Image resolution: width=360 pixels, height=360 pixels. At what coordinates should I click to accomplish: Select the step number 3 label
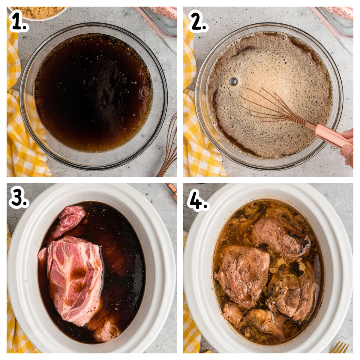[x=19, y=198]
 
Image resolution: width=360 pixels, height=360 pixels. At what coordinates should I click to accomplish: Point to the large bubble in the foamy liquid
[x=233, y=81]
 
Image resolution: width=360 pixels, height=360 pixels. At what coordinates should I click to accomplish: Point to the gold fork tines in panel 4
[x=340, y=348]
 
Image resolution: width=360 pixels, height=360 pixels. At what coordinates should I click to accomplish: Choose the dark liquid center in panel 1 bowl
[x=93, y=93]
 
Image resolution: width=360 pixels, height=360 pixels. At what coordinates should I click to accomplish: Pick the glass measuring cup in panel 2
[x=336, y=21]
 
